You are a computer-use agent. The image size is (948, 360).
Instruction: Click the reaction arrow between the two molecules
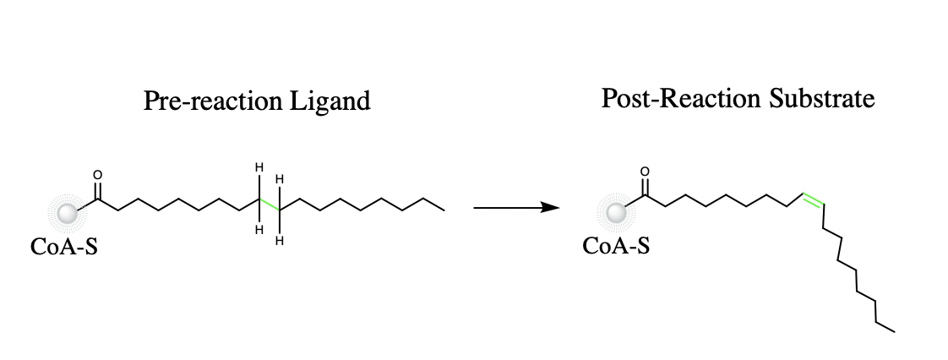pyautogui.click(x=516, y=208)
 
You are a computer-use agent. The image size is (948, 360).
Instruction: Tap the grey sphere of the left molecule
pyautogui.click(x=67, y=213)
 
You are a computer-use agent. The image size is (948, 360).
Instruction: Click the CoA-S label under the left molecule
pyautogui.click(x=64, y=247)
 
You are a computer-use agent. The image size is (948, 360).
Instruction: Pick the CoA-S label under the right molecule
pyautogui.click(x=616, y=246)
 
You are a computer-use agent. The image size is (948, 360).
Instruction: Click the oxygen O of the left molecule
pyautogui.click(x=97, y=175)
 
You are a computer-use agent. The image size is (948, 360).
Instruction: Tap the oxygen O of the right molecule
pyautogui.click(x=645, y=172)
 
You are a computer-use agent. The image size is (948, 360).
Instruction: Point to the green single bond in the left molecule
pyautogui.click(x=269, y=205)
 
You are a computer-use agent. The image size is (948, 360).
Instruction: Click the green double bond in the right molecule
pyautogui.click(x=813, y=200)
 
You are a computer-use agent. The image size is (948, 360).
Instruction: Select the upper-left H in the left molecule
pyautogui.click(x=259, y=166)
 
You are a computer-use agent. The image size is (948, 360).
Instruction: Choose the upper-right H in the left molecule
pyautogui.click(x=280, y=179)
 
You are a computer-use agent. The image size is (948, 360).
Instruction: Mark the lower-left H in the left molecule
pyautogui.click(x=259, y=229)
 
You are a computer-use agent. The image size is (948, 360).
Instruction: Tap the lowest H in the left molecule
pyautogui.click(x=280, y=242)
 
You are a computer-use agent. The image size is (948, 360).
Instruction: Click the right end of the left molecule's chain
pyautogui.click(x=444, y=210)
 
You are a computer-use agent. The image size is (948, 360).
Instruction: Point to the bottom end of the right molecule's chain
pyautogui.click(x=894, y=331)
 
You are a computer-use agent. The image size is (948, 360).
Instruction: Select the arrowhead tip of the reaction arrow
pyautogui.click(x=560, y=208)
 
